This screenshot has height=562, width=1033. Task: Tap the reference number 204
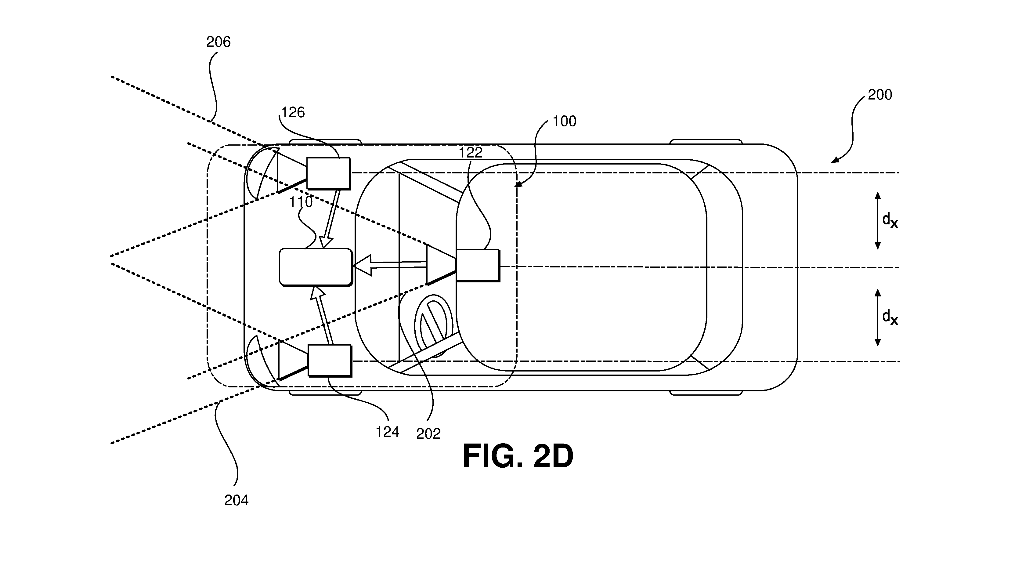236,500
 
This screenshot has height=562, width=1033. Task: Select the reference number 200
880,95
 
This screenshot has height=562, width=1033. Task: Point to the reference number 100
564,121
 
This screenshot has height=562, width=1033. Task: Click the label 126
293,112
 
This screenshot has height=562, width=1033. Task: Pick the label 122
470,152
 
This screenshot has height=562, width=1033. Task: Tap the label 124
387,432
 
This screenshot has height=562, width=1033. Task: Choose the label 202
428,434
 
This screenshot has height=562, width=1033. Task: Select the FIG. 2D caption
518,456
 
